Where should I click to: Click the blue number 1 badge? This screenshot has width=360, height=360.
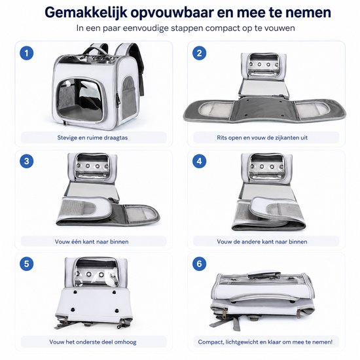27,53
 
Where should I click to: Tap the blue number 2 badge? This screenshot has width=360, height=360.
199,53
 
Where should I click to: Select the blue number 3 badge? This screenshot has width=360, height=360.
27,161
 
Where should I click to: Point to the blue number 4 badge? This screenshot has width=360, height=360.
199,161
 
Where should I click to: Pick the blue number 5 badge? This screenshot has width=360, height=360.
27,264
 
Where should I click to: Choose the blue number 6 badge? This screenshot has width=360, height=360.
199,264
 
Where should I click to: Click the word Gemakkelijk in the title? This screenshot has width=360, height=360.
86,12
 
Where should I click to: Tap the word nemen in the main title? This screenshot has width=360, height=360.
308,12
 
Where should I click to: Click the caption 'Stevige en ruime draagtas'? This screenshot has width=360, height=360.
92,137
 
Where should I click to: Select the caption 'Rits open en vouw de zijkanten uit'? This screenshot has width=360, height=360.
262,137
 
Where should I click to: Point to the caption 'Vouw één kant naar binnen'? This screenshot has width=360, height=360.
92,242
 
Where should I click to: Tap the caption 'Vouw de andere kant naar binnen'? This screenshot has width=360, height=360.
262,242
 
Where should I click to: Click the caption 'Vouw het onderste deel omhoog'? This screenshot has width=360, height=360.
93,342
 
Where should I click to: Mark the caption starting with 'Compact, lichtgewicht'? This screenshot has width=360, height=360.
265,342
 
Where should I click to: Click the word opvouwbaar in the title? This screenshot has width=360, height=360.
174,13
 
